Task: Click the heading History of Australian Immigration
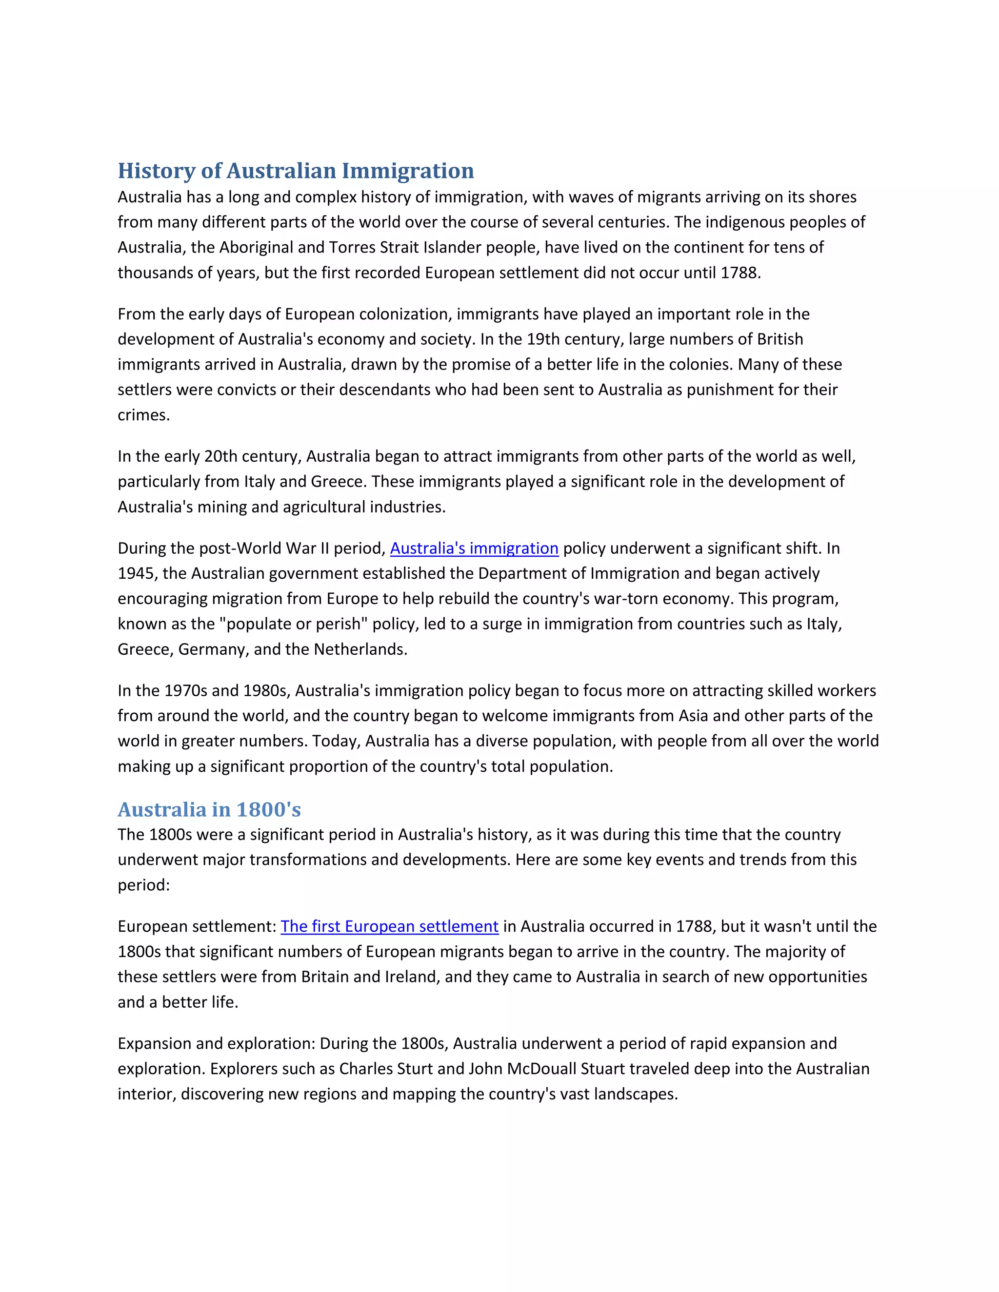pos(295,171)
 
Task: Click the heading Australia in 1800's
pos(209,809)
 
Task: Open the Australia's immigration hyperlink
pos(474,548)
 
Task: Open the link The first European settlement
pos(389,926)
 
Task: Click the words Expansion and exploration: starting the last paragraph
pos(216,1043)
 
